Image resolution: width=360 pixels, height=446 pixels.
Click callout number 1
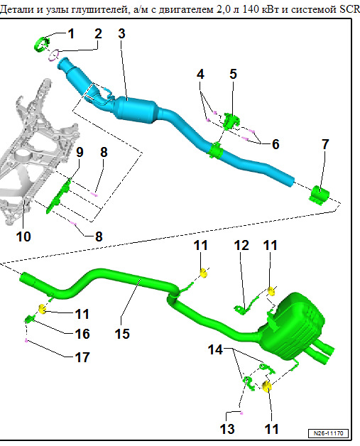[x=71, y=33]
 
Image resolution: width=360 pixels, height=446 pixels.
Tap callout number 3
[x=121, y=33]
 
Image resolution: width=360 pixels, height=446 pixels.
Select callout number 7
[x=325, y=144]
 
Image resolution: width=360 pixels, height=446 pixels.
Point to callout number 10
[x=23, y=236]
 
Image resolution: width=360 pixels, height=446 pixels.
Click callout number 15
[x=122, y=334]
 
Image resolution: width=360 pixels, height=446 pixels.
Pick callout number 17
[x=82, y=357]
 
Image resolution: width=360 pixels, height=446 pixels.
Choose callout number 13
[x=227, y=429]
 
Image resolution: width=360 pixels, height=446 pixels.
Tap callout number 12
[x=241, y=245]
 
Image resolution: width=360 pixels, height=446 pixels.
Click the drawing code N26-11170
[x=328, y=433]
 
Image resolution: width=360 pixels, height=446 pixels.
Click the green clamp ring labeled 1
[x=41, y=45]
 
